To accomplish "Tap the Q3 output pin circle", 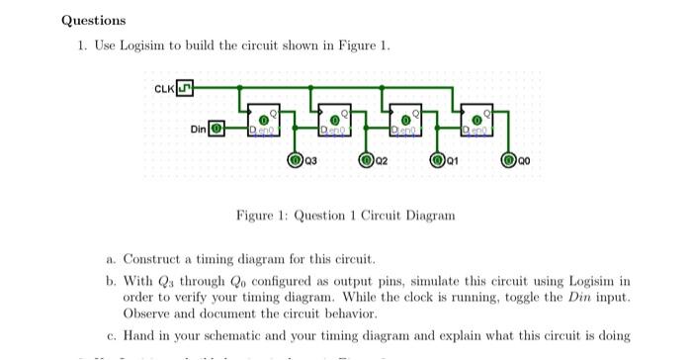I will coord(295,158).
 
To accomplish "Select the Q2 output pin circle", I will coord(366,158).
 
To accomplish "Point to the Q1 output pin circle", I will coord(438,158).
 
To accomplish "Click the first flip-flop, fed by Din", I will coord(264,122).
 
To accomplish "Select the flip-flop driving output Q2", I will coord(335,122).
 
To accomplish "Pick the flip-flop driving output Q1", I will coord(407,122).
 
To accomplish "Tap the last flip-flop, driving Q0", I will coord(478,122).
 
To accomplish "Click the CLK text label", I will coord(164,90).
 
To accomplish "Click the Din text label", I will coord(199,130).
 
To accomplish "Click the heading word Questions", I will coord(94,20).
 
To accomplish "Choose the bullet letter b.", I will coord(111,281).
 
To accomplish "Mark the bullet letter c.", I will coord(111,335).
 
